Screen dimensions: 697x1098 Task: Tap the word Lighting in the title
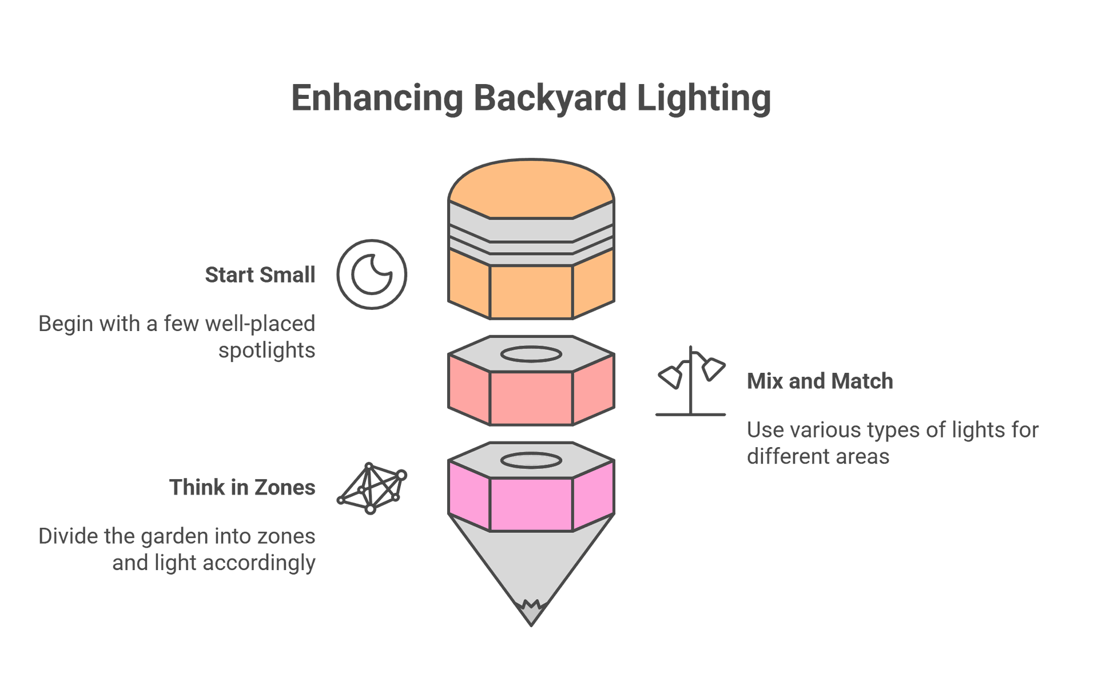tap(703, 98)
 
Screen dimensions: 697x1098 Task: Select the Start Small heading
tap(260, 275)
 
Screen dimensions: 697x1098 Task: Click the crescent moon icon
tap(372, 274)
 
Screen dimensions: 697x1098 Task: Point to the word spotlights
tap(266, 350)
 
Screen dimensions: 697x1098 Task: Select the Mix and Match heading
tap(819, 381)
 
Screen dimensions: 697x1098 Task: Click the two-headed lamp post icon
tap(691, 381)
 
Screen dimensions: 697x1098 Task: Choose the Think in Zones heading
tap(242, 488)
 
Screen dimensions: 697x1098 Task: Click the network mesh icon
tap(372, 488)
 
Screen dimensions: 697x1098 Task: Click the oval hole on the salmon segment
tap(531, 355)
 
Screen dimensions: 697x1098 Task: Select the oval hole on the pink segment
tap(531, 460)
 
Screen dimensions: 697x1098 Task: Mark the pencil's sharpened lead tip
tap(531, 615)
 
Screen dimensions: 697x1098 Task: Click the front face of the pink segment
tap(531, 504)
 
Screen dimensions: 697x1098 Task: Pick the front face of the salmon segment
tap(531, 398)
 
